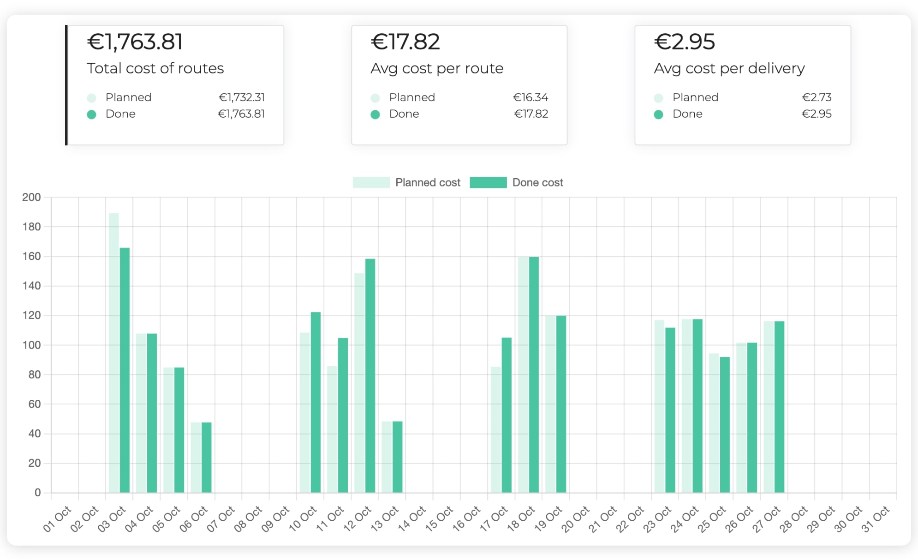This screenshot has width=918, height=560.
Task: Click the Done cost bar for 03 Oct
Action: click(x=125, y=370)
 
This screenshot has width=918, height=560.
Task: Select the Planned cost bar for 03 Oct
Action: click(x=114, y=353)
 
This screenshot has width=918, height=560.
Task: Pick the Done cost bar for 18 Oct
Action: click(x=534, y=374)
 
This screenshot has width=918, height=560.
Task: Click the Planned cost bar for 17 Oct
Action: click(x=496, y=429)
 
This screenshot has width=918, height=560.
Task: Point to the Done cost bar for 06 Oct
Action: click(x=207, y=457)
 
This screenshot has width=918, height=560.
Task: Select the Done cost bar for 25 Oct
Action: click(x=725, y=424)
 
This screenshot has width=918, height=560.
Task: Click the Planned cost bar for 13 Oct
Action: click(x=387, y=457)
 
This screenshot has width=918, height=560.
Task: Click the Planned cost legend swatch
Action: click(x=371, y=182)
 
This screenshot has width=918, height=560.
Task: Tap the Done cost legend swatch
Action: click(x=488, y=182)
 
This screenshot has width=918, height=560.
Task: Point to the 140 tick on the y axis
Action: click(x=31, y=286)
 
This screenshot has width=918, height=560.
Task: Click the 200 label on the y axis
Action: click(x=31, y=197)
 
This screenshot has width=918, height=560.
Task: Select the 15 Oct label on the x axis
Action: click(x=439, y=518)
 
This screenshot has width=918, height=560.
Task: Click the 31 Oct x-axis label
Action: click(x=876, y=518)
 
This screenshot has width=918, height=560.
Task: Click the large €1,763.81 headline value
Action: click(x=135, y=42)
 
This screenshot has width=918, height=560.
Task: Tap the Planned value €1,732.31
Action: click(x=242, y=97)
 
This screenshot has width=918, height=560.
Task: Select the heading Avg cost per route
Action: click(x=437, y=68)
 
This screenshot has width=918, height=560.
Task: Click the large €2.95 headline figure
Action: click(x=685, y=42)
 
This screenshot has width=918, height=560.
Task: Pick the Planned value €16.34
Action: click(x=531, y=97)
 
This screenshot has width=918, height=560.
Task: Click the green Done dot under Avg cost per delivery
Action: click(x=658, y=114)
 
